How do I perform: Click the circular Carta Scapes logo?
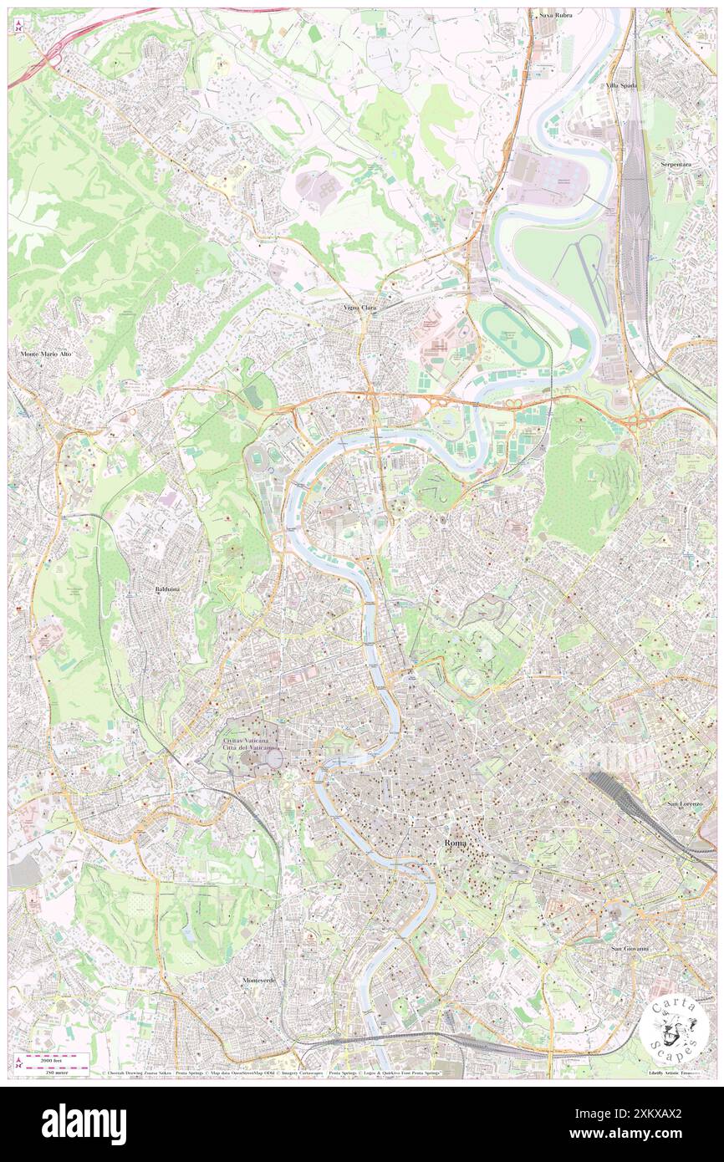coord(676,1028)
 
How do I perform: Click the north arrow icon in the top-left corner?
coord(18,28)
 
